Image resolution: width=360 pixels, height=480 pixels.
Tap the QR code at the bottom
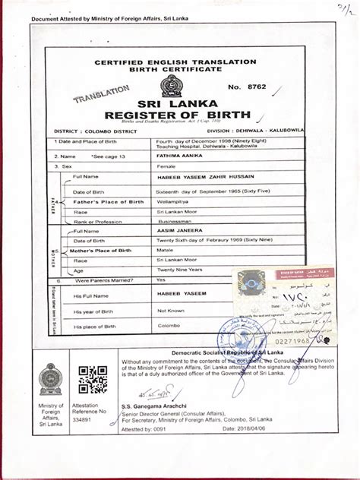click(x=93, y=380)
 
